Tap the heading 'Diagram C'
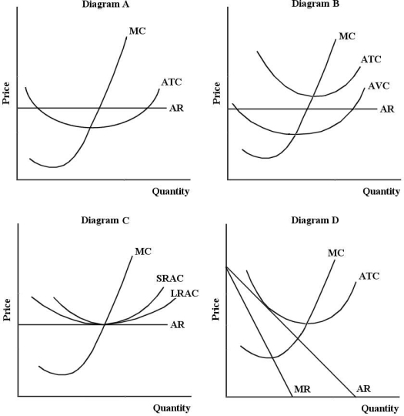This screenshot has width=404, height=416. coord(105,220)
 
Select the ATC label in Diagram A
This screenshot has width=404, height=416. coord(172,81)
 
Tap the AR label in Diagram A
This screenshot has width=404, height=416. coord(177,108)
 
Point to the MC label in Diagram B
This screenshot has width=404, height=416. coord(347,36)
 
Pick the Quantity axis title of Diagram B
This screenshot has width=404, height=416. coord(381,191)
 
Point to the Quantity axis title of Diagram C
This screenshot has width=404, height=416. coord(170,408)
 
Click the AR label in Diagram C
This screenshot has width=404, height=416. coord(177,324)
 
